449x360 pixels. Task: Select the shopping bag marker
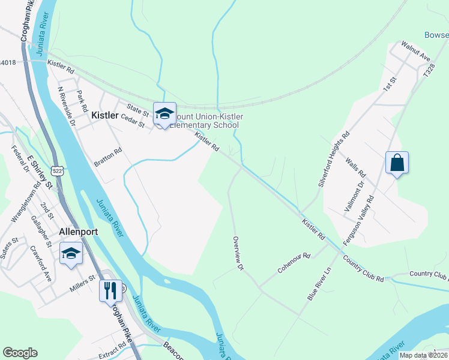pyautogui.click(x=397, y=163)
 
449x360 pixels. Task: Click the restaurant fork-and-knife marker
pyautogui.click(x=110, y=291)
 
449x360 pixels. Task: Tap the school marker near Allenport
pyautogui.click(x=71, y=254)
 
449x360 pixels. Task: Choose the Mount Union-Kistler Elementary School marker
pyautogui.click(x=164, y=114)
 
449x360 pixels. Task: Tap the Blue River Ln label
pyautogui.click(x=319, y=284)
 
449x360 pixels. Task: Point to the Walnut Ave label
pyautogui.click(x=416, y=52)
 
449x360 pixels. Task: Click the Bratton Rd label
pyautogui.click(x=108, y=158)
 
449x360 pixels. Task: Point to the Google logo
pyautogui.click(x=20, y=352)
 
